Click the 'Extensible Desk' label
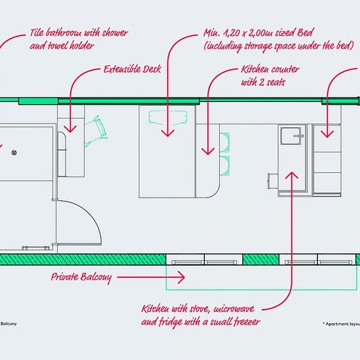pos(132,69)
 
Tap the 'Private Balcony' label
pos(81,278)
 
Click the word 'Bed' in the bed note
pos(305,32)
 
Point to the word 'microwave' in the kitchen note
pos(234,309)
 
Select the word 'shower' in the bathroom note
pos(115,33)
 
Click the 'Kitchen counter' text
pos(270,69)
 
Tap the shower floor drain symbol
pos(14,153)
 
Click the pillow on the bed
pos(168,118)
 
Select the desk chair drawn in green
pos(96,131)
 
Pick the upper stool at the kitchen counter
pos(225,142)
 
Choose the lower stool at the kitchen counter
pos(225,166)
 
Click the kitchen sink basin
pos(291,136)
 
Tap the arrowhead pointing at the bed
pos(168,134)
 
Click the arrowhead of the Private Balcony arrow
pos(181,278)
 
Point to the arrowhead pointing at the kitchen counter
pos(208,151)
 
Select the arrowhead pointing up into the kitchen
pos(291,175)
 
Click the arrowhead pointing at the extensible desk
pos(70,129)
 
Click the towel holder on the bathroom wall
pos(35,247)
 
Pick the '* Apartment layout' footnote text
pos(341,324)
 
